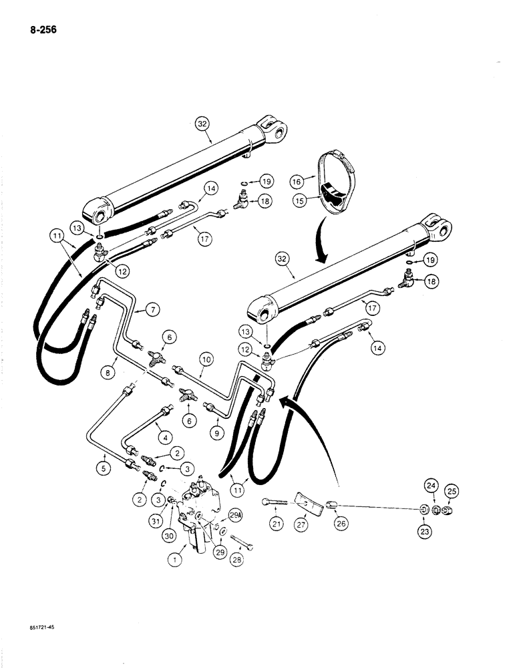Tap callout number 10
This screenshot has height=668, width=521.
[207, 359]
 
